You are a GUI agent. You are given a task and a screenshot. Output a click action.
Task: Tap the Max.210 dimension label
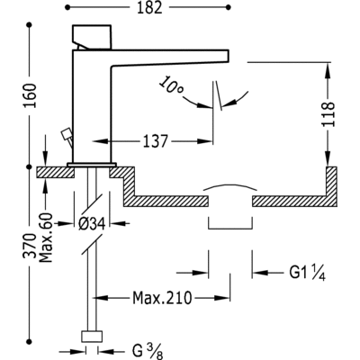(x=161, y=295)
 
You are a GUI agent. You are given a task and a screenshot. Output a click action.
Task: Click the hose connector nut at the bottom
(x=90, y=337)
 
